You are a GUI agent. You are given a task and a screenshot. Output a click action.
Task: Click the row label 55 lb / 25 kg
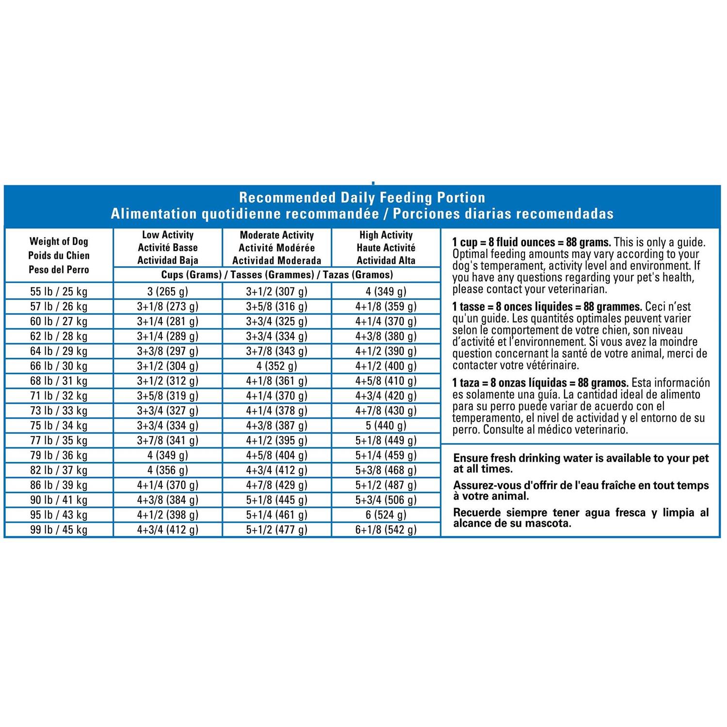[x=59, y=291]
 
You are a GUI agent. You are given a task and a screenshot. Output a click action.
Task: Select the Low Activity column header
[x=168, y=248]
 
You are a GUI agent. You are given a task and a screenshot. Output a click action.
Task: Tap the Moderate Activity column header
[x=277, y=248]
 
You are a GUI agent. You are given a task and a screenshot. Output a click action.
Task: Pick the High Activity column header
[x=386, y=248]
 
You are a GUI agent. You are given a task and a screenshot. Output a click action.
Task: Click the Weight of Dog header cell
[x=59, y=255]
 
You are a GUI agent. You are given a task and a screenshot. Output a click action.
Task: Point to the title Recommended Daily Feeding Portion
[x=362, y=198]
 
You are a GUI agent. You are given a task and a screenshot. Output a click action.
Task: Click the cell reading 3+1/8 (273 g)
[x=168, y=306]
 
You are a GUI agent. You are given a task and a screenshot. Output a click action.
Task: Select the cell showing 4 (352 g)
[x=277, y=366]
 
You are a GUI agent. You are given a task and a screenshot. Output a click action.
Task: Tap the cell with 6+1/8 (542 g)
[x=386, y=530]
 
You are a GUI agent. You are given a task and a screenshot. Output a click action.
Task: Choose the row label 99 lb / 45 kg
[x=59, y=530]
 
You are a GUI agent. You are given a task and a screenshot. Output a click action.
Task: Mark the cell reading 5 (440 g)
[x=386, y=426]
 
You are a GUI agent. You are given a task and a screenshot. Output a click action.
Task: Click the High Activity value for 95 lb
[x=386, y=515]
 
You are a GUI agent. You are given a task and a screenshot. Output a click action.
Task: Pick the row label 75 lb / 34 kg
[x=59, y=426]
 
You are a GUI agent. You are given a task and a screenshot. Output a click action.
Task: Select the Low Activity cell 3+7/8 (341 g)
[x=168, y=440]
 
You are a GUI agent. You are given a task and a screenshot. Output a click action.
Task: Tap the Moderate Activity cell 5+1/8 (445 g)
[x=277, y=500]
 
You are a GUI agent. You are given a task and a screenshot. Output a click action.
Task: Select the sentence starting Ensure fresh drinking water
[x=581, y=463]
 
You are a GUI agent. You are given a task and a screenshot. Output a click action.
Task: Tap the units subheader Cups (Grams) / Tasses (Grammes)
[x=277, y=275]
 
